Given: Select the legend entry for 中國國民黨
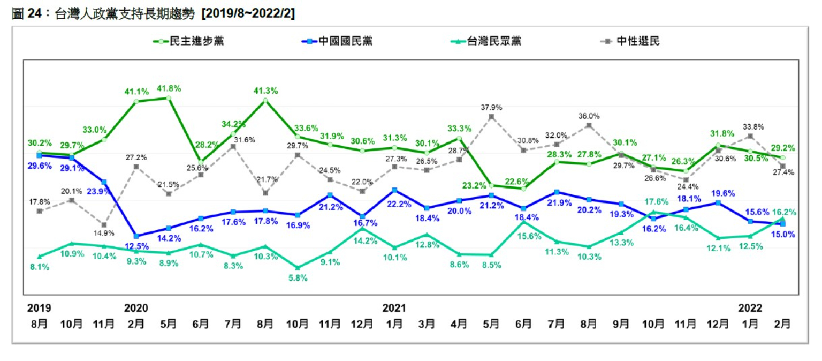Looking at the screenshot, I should click(337, 41).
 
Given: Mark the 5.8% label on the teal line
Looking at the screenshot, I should click(297, 278).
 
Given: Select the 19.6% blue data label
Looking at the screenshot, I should click(722, 193).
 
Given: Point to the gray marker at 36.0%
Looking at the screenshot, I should click(589, 125).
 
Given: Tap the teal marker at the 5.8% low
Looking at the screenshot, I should click(298, 267).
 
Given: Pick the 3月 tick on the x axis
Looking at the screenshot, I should click(427, 324).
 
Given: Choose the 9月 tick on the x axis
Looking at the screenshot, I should click(621, 324).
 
